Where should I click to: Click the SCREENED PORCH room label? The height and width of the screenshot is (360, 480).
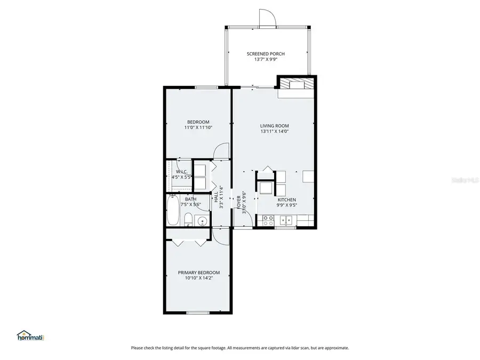click(x=265, y=54)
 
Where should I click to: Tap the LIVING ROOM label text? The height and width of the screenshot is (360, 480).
click(x=274, y=126)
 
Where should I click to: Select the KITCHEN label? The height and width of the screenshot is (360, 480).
click(x=286, y=199)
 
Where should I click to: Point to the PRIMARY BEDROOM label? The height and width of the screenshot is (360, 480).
click(x=198, y=273)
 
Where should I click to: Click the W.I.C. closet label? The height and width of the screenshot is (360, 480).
click(x=181, y=172)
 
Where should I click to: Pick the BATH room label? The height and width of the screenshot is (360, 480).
click(x=190, y=199)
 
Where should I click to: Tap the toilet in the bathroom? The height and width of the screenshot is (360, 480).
click(x=188, y=220)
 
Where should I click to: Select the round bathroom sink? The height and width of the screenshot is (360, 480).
click(x=202, y=221)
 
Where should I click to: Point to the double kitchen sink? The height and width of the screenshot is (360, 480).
click(x=287, y=219)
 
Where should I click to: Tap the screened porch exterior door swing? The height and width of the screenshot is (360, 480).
click(x=267, y=18)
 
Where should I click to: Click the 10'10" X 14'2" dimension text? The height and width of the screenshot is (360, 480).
click(x=198, y=279)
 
